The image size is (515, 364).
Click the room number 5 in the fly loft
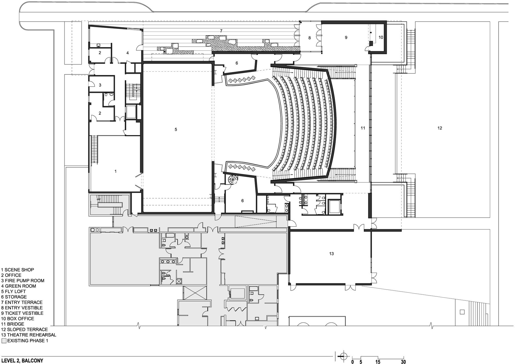tap(176, 130)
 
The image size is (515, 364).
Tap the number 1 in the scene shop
tap(115, 171)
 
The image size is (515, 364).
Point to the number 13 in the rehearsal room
tap(331, 254)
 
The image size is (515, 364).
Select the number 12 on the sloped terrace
tap(440, 128)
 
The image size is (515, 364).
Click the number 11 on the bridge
tap(363, 128)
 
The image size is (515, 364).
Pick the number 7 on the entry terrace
tap(221, 31)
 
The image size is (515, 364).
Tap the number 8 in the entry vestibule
tap(310, 38)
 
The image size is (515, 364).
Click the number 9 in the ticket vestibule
tap(346, 37)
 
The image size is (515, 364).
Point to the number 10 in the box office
tap(381, 37)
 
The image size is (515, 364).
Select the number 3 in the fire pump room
tap(100, 85)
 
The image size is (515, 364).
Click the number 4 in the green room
tap(127, 53)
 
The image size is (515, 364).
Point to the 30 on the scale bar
tap(403, 362)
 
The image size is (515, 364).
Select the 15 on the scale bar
tap(378, 362)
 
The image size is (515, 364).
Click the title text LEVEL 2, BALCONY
tap(22, 361)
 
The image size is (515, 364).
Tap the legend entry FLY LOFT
tap(15, 292)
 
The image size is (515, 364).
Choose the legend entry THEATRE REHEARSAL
tap(30, 335)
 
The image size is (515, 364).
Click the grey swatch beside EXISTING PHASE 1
tap(4, 341)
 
